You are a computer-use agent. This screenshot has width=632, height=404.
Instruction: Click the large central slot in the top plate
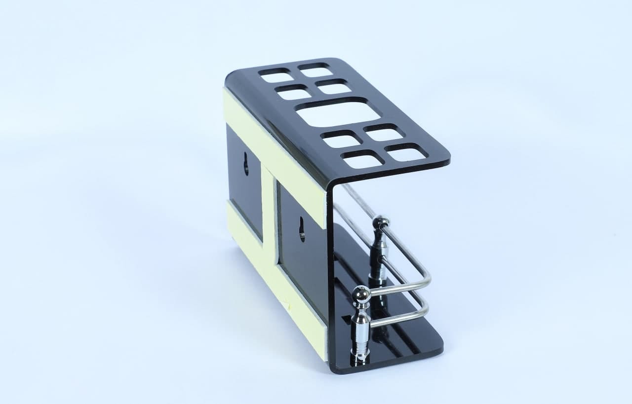click(338, 112)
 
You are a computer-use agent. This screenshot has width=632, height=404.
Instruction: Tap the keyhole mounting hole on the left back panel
click(246, 164)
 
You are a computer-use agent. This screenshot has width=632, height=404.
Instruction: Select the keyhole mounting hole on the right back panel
click(302, 230)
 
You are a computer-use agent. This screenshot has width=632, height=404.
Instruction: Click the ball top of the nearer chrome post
click(361, 295)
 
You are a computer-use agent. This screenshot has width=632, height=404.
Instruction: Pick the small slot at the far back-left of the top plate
click(276, 76)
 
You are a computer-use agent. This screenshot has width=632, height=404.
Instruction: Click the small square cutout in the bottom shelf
click(346, 318)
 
